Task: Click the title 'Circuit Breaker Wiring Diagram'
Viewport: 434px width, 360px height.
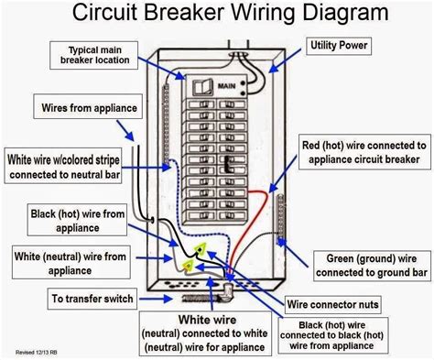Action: (x=217, y=15)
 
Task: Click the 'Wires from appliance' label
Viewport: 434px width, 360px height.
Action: (x=89, y=108)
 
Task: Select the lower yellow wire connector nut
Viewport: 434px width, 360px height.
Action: (x=190, y=266)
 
